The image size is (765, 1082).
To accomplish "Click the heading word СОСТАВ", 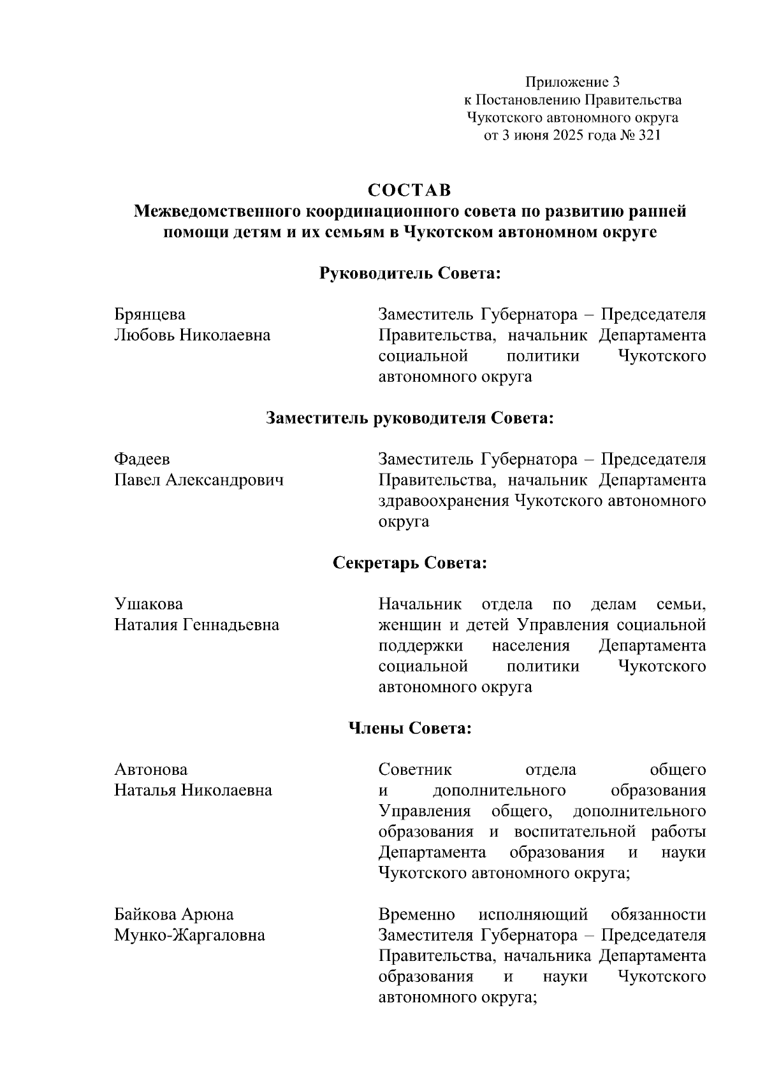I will pyautogui.click(x=409, y=191).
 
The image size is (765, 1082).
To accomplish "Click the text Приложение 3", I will pyautogui.click(x=572, y=82).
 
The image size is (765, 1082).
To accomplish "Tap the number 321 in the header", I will pyautogui.click(x=648, y=136).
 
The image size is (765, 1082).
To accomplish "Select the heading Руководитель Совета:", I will pyautogui.click(x=409, y=273).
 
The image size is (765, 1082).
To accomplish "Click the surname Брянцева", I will pyautogui.click(x=150, y=314).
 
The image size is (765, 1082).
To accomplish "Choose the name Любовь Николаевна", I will pyautogui.click(x=192, y=335).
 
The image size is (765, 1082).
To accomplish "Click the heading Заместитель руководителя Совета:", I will pyautogui.click(x=409, y=418).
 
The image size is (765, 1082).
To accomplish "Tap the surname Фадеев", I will pyautogui.click(x=142, y=459).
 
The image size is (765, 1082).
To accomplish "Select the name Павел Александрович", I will pyautogui.click(x=199, y=480).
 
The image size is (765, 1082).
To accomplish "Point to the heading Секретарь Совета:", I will pyautogui.click(x=409, y=563).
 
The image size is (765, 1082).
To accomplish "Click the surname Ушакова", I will pyautogui.click(x=148, y=603).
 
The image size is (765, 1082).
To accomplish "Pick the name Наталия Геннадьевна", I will pyautogui.click(x=196, y=624).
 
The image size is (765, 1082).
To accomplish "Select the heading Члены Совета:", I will pyautogui.click(x=409, y=728).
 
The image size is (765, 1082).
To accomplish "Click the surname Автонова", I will pyautogui.click(x=150, y=770).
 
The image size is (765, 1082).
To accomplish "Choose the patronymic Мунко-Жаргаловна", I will pyautogui.click(x=189, y=935).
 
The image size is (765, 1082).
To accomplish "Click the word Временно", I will pyautogui.click(x=416, y=915).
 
